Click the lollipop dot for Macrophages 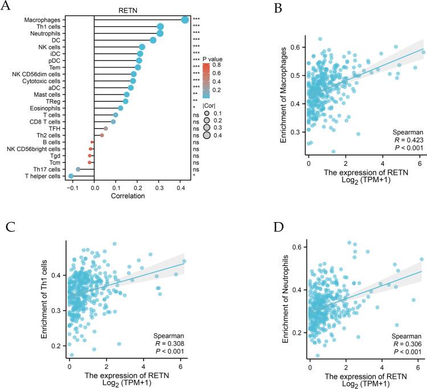tap(185, 20)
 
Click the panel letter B tap(246, 7)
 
